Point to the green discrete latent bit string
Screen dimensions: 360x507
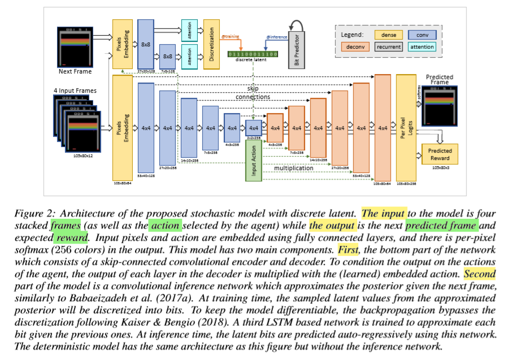[252, 54]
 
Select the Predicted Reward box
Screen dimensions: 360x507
[440, 154]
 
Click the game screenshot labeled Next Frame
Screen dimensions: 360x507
[75, 45]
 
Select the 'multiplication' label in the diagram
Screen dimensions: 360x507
[294, 168]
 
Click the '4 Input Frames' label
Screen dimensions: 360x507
[75, 90]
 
